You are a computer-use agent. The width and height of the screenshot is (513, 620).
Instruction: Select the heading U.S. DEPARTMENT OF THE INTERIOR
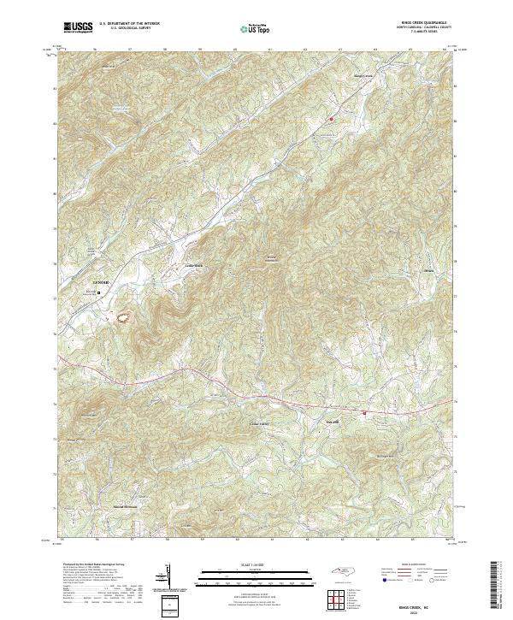click(129, 24)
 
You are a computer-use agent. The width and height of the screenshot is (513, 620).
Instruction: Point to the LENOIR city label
click(102, 282)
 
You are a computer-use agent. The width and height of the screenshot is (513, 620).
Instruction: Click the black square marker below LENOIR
click(98, 292)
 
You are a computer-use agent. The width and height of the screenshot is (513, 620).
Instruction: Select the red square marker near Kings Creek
click(332, 120)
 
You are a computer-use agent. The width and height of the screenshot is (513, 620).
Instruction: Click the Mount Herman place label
click(126, 506)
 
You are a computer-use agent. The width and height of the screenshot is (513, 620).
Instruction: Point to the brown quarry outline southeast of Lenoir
click(126, 319)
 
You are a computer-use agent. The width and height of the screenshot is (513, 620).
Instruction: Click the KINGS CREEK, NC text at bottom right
click(420, 602)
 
